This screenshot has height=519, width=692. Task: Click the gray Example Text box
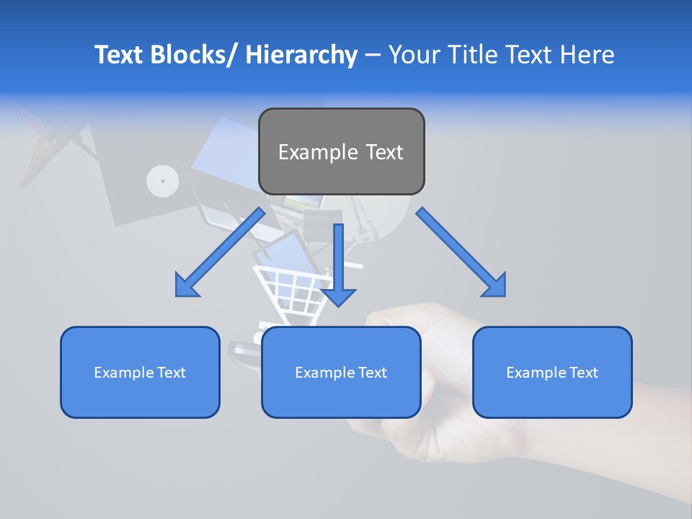click(341, 151)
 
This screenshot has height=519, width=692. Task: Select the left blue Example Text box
click(140, 372)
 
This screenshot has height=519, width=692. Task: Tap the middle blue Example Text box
click(341, 372)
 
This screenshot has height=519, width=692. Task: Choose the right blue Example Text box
click(552, 372)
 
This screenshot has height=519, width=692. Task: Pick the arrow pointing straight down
click(338, 267)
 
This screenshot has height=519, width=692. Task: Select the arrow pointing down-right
click(461, 252)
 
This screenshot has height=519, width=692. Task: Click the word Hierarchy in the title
click(301, 55)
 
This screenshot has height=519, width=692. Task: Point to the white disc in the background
click(162, 181)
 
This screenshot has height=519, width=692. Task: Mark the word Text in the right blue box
click(583, 372)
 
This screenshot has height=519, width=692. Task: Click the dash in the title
click(373, 55)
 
